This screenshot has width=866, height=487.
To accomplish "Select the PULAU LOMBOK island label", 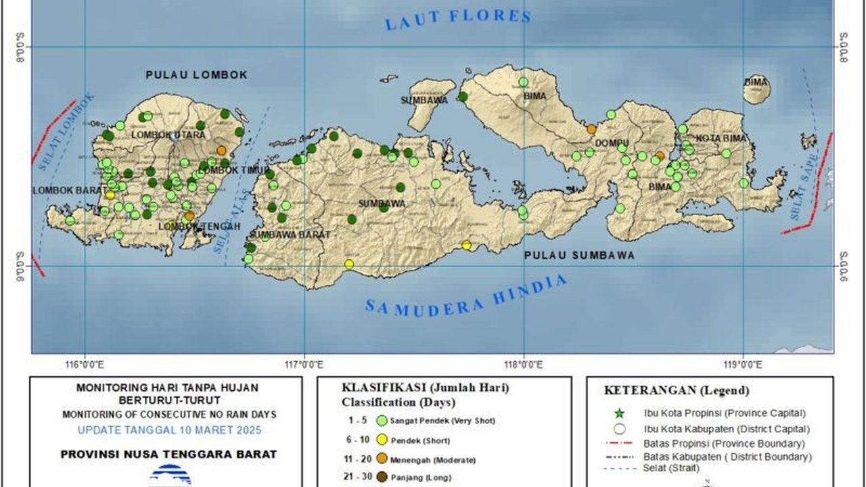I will tap(196, 75).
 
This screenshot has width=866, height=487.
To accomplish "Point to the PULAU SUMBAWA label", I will tap(580, 256).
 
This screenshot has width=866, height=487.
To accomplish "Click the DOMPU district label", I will tap(612, 144).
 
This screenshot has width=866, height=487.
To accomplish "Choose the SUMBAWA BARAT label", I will tap(290, 235).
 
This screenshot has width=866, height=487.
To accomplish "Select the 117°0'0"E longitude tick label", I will tap(304, 365).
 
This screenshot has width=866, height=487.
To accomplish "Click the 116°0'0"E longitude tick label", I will tap(85, 365).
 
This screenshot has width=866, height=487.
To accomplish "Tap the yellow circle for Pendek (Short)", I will tap(382, 440).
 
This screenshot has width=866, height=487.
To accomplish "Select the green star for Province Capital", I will tap(619, 413).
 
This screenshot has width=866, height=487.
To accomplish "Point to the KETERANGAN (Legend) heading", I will tap(676, 390).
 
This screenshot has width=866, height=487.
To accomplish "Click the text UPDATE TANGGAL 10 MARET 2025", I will tap(169, 430).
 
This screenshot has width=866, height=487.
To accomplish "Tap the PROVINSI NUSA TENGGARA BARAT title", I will tap(168, 455).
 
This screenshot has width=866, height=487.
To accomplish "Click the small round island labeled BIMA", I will tap(756, 89).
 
